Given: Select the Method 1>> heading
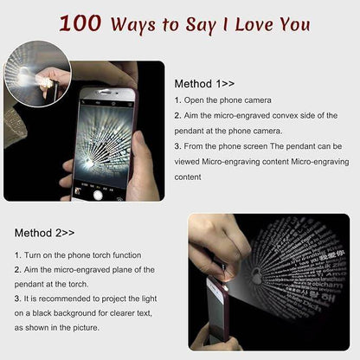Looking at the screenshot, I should pos(204,84).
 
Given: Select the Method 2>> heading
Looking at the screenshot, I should pos(45,233).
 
